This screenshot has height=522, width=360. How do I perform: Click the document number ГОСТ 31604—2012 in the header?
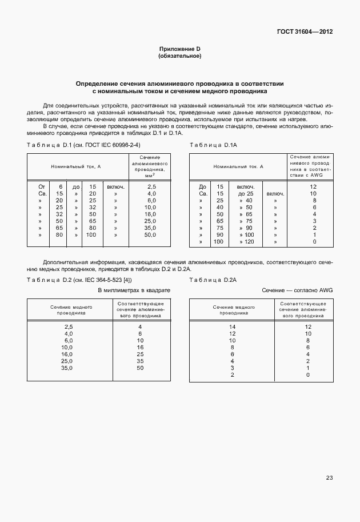[x=304, y=31]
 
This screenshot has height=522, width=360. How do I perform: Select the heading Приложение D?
[x=179, y=50]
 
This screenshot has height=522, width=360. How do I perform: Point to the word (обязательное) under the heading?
[x=179, y=57]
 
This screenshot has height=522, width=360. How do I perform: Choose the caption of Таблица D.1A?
[x=213, y=146]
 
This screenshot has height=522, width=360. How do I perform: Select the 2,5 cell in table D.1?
[x=151, y=186]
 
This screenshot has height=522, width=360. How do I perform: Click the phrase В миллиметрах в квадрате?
[x=134, y=290]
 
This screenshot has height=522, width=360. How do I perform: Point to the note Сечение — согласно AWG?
[x=297, y=290]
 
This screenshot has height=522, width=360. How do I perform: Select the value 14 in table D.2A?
[x=232, y=326]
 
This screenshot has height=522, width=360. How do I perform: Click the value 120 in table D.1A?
[x=249, y=242]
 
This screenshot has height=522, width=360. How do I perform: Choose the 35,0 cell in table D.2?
[x=67, y=368]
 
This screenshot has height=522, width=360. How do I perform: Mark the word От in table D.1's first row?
[x=42, y=186]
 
